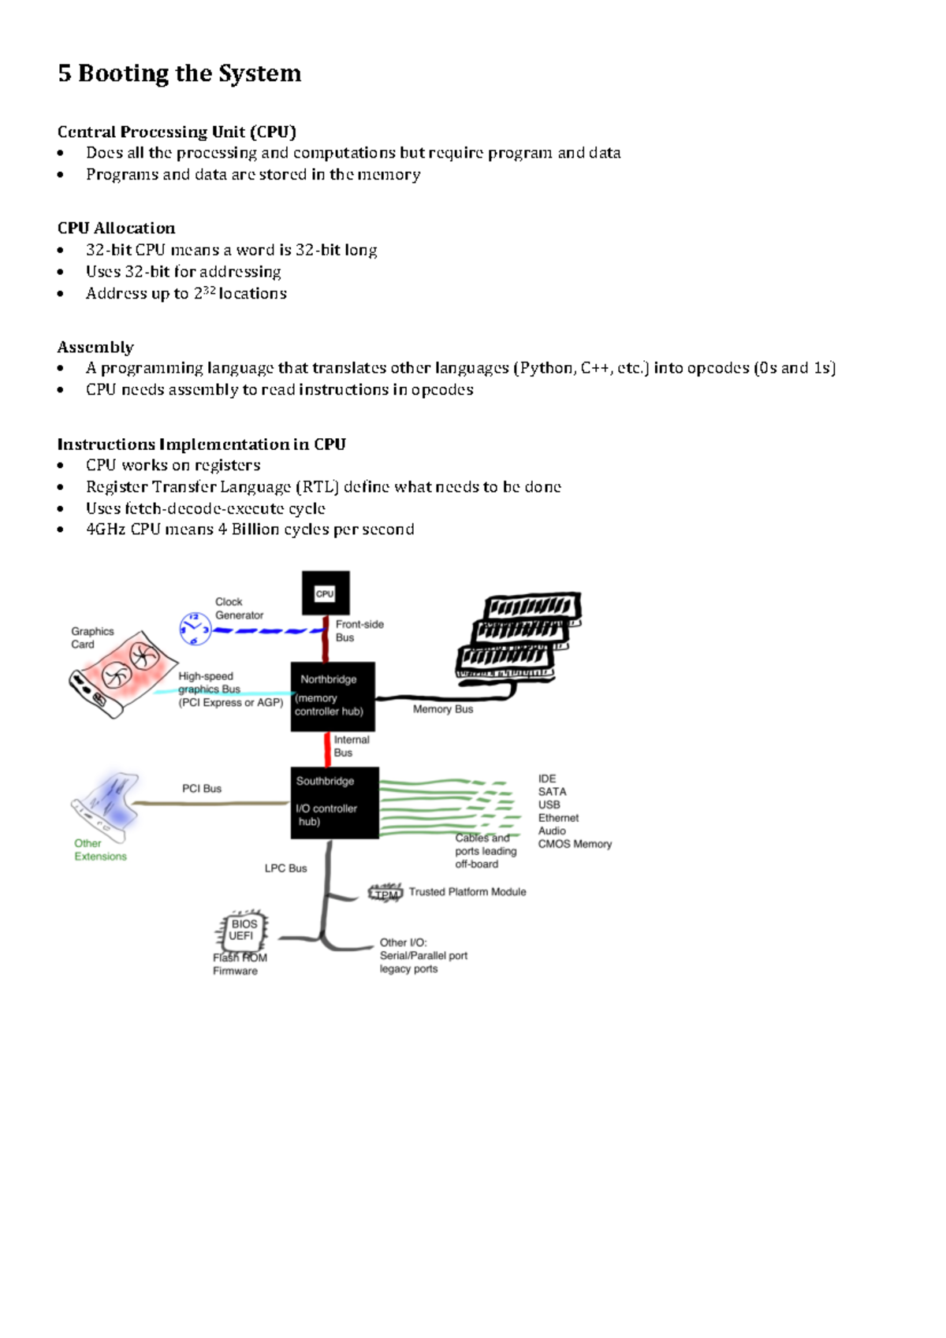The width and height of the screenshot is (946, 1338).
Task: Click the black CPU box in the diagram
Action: (326, 593)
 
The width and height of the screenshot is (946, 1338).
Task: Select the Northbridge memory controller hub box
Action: (332, 697)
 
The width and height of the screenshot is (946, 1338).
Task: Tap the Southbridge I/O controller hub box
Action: (334, 802)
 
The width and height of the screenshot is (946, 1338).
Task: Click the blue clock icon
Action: (194, 629)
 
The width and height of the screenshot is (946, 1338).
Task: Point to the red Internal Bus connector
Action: (327, 749)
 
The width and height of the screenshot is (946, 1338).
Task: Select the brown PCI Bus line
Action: (211, 803)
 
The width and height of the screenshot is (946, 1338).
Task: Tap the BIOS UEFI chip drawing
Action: (242, 931)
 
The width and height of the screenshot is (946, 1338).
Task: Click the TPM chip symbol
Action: (385, 894)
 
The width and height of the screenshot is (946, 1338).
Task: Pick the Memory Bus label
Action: (442, 709)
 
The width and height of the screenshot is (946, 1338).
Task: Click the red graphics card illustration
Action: (122, 672)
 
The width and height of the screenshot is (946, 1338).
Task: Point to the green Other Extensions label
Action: (100, 849)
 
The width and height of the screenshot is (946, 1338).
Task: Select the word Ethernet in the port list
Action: (558, 818)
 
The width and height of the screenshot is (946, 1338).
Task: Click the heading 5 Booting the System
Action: (179, 73)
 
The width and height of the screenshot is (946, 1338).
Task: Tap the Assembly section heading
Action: (95, 348)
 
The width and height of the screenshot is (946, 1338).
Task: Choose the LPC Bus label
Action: (285, 868)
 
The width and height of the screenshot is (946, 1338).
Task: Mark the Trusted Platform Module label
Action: (467, 892)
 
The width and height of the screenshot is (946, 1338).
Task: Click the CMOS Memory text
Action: (575, 844)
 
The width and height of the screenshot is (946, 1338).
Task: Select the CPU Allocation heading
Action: (116, 229)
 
